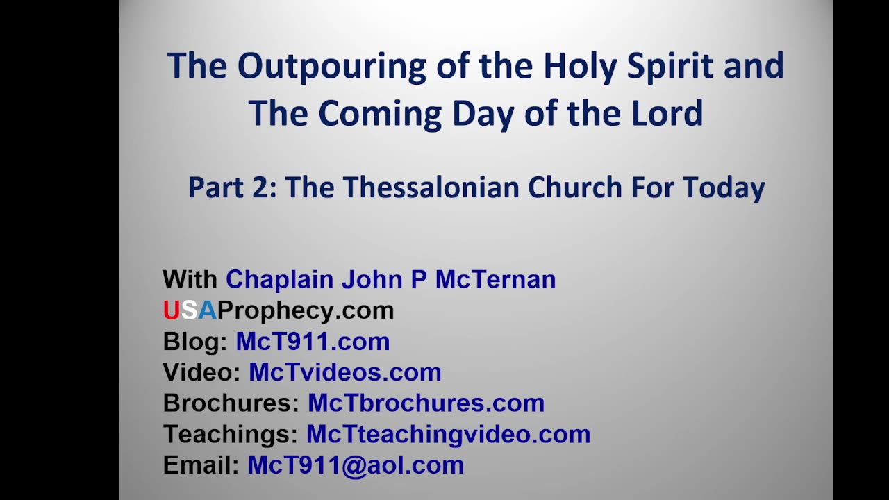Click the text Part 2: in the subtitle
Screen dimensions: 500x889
(x=233, y=187)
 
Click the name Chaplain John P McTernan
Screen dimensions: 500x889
(x=390, y=279)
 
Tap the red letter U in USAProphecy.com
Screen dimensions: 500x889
(x=171, y=310)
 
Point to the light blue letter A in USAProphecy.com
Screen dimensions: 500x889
(x=208, y=310)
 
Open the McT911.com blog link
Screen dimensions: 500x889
(x=313, y=342)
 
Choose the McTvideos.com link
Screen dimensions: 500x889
(x=345, y=372)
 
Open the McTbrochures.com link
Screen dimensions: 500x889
(x=426, y=403)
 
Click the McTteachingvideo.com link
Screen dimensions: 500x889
(x=448, y=434)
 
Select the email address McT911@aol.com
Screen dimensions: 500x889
(x=356, y=465)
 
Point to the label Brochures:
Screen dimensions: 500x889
(x=231, y=403)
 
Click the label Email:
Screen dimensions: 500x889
(x=201, y=465)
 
